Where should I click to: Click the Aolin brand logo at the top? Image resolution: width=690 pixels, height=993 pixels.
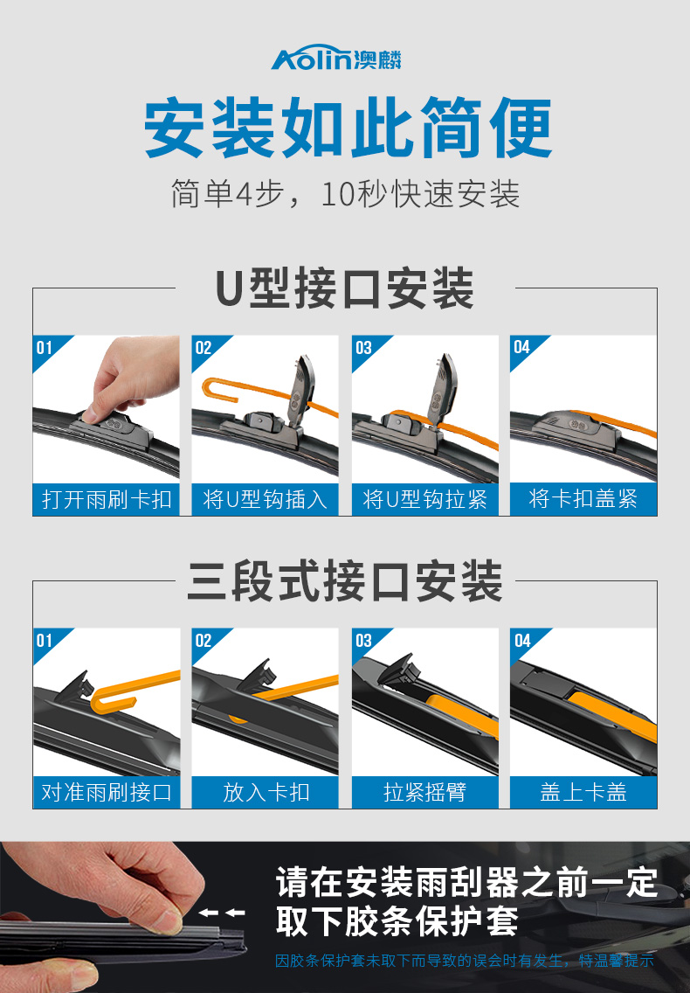[336, 59]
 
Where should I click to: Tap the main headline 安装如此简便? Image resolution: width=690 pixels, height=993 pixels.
[348, 128]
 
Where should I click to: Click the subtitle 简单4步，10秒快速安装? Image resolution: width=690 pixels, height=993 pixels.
[345, 194]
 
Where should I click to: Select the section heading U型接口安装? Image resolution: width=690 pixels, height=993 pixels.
[345, 288]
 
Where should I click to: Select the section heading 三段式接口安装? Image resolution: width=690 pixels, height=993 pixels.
[345, 580]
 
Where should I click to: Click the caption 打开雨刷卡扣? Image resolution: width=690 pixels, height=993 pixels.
[107, 500]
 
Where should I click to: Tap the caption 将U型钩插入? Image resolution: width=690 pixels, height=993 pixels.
[266, 500]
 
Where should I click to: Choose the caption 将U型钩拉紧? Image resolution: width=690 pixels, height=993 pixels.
[424, 500]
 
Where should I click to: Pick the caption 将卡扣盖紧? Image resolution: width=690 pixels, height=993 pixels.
[583, 499]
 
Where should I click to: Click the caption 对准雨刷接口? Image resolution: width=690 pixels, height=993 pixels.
[107, 792]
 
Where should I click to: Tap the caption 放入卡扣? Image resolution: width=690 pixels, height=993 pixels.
[266, 792]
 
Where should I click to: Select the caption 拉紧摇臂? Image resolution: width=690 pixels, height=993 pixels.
[424, 792]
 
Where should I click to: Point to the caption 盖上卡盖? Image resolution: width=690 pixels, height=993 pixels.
[583, 792]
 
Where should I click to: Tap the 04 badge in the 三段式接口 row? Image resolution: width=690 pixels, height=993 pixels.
[522, 640]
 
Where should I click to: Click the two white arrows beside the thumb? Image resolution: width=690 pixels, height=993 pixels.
[222, 913]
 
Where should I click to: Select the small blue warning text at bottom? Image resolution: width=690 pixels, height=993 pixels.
[464, 961]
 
